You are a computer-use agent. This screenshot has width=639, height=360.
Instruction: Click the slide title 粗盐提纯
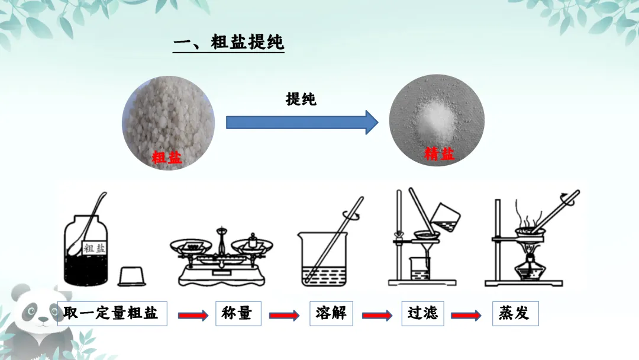[229, 43]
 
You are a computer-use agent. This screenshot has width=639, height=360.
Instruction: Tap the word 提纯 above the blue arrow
[301, 99]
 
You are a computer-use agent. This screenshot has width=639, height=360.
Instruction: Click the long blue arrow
[302, 123]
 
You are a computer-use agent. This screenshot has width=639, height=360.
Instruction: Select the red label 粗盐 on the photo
[167, 157]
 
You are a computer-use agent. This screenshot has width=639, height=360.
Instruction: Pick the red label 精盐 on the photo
[439, 155]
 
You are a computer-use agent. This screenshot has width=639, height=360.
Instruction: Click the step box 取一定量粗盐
[112, 313]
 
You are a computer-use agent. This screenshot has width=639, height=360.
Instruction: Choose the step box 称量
[237, 313]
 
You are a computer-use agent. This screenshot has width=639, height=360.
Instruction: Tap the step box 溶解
[331, 313]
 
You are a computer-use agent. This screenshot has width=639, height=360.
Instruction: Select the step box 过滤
[422, 313]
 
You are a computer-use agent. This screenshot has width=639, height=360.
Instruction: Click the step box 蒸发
[514, 313]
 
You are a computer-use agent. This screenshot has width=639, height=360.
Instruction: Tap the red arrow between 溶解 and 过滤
[377, 316]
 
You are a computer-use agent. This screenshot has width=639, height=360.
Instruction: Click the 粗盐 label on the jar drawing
[95, 248]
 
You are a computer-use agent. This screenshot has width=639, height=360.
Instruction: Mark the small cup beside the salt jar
[133, 276]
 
